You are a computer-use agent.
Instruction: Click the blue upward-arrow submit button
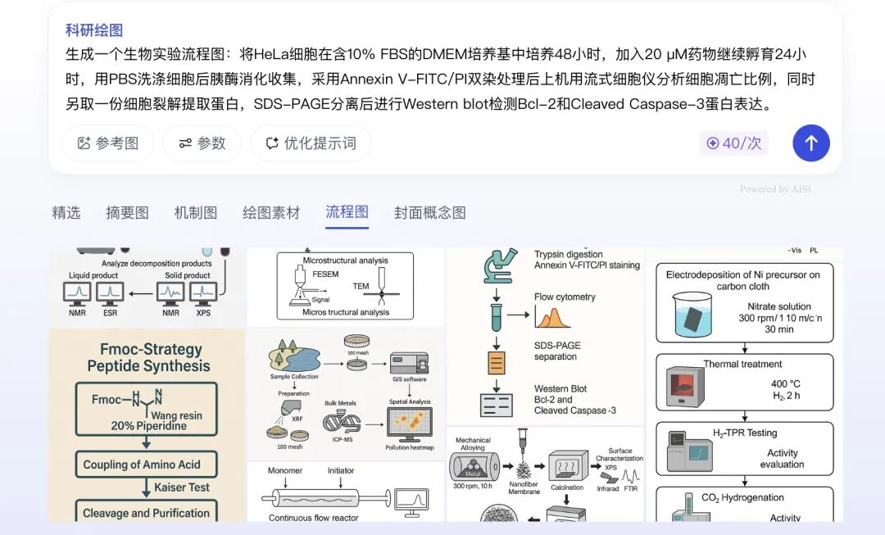810,143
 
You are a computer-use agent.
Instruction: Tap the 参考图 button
108,143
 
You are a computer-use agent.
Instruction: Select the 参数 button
202,143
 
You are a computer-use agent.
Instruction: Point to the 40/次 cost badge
733,143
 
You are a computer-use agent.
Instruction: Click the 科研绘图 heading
94,30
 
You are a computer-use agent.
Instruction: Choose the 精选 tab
66,213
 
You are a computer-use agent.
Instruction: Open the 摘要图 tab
127,213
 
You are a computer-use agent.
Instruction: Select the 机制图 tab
196,213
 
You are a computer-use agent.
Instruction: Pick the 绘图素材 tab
271,213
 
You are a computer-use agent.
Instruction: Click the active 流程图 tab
347,212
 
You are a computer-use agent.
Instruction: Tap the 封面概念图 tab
429,213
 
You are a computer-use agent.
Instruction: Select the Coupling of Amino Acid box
141,465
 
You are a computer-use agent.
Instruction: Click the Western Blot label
560,389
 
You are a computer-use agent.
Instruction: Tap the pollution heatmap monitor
409,424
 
